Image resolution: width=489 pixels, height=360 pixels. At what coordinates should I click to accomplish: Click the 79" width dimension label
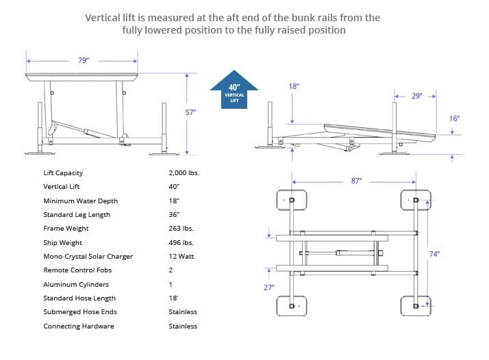click(83, 60)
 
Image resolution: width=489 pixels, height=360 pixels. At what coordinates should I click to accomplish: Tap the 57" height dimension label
click(191, 112)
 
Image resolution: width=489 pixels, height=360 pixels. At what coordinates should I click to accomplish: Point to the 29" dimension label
click(416, 96)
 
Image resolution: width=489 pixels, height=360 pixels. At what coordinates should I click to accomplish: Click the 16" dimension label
click(454, 118)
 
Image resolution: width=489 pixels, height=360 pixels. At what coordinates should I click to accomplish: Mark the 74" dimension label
click(434, 254)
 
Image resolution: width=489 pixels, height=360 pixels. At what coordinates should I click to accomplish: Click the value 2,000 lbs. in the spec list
click(184, 173)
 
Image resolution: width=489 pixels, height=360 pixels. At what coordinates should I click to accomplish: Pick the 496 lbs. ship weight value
click(180, 243)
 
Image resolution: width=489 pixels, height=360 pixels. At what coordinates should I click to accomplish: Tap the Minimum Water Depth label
click(80, 201)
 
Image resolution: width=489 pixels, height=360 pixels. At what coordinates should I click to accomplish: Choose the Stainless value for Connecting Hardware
click(183, 326)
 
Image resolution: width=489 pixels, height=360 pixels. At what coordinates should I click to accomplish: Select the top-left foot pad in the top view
click(291, 201)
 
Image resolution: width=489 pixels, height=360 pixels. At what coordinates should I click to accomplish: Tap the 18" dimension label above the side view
click(294, 86)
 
